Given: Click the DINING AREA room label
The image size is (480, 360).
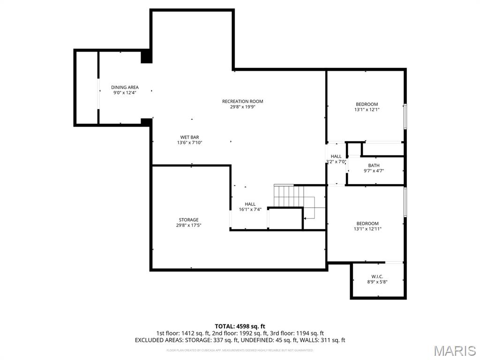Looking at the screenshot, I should point(125,87).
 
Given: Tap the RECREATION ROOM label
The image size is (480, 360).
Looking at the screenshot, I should point(242,101).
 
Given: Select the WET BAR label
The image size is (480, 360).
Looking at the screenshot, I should point(189,137).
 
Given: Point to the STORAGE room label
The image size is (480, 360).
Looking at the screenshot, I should point(188,220).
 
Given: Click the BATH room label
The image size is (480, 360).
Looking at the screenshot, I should point(374,165).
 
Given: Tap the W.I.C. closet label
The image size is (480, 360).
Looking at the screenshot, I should point(377,277).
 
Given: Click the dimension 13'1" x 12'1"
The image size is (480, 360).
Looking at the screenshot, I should point(367,110).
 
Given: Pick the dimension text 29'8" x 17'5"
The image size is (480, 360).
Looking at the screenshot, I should point(188,225).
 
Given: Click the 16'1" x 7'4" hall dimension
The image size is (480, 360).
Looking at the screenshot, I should point(250,210).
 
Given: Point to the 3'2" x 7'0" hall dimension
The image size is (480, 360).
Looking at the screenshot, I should point(336,162).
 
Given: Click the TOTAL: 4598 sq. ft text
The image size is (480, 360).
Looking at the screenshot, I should point(240,326).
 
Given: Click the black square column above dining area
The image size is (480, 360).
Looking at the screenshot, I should point(147,57).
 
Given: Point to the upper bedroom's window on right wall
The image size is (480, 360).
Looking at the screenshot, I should point(405,116).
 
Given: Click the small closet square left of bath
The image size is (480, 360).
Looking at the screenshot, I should point(354,150).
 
